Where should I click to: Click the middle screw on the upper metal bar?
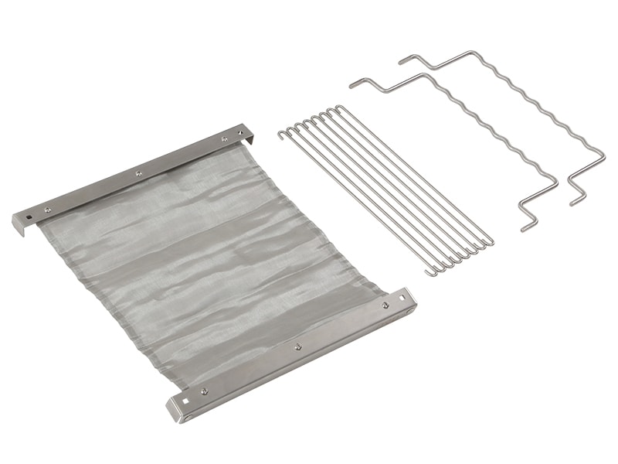(138, 174)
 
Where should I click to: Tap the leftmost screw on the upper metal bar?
(49, 209)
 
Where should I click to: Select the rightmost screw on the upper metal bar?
(224, 139)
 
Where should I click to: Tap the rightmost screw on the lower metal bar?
(385, 306)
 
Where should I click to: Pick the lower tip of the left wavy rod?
(523, 228)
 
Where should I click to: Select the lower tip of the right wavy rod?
(572, 203)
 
